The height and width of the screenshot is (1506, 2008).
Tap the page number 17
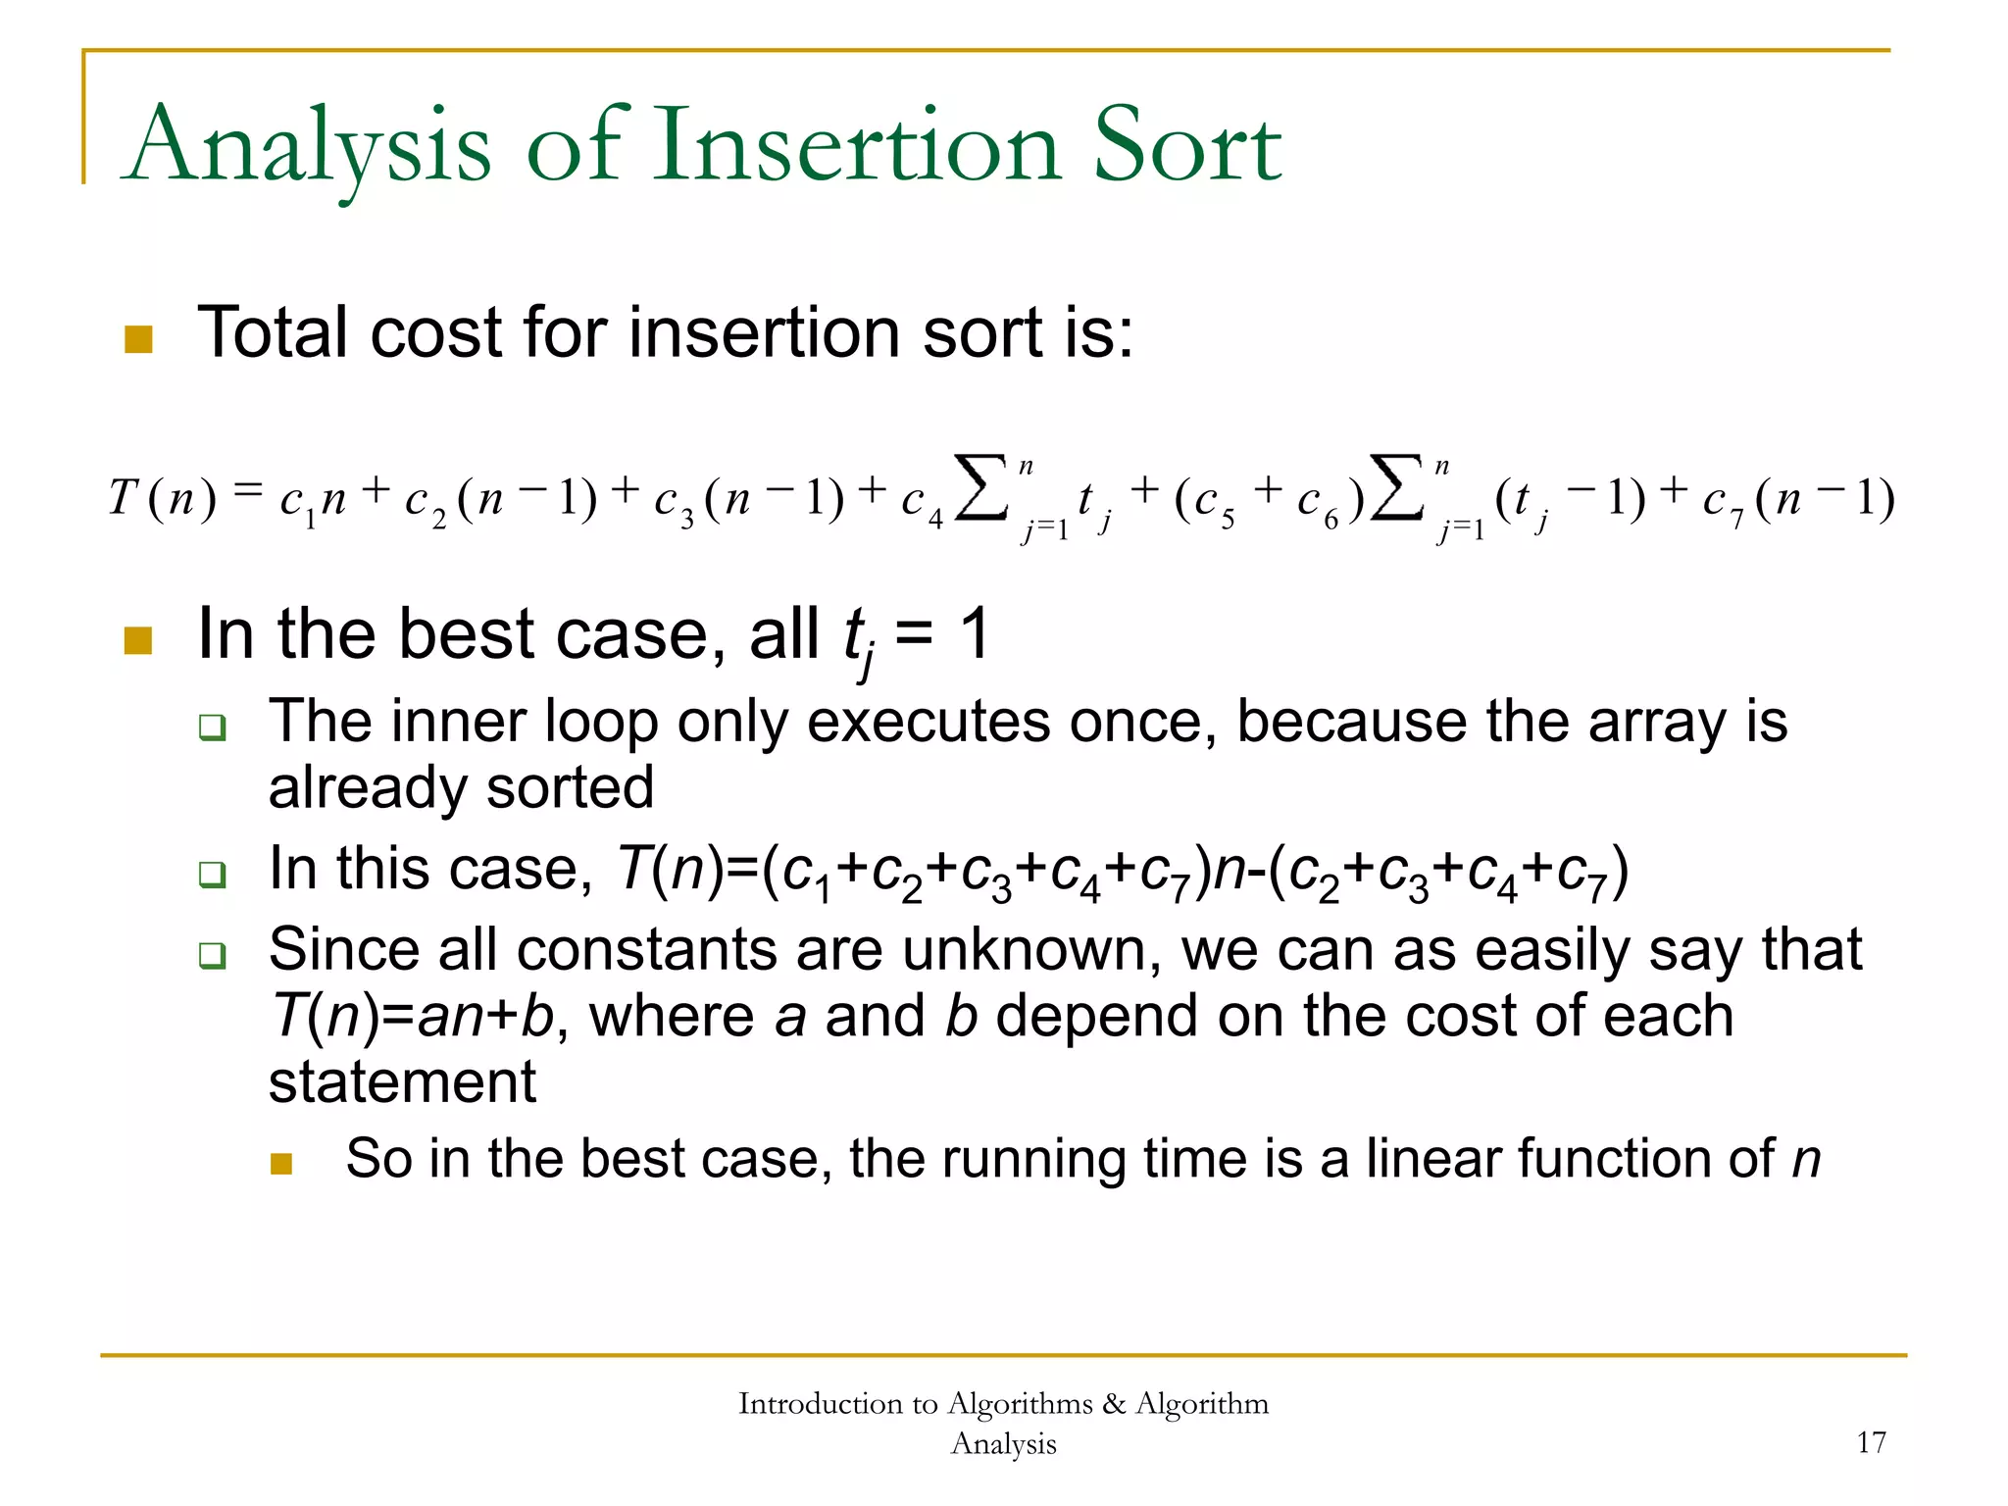(x=1871, y=1442)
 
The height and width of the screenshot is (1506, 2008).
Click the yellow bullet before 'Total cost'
(x=138, y=339)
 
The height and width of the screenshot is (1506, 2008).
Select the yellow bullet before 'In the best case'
(x=138, y=640)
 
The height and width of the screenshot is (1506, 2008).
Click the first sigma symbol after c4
(x=980, y=487)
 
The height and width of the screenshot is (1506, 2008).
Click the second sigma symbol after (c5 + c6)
(x=1396, y=487)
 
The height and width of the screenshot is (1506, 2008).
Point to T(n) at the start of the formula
(x=162, y=498)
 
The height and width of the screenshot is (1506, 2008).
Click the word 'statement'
(x=402, y=1082)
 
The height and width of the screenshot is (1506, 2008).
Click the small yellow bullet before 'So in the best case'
(x=281, y=1164)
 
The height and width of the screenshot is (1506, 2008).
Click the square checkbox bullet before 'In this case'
(x=212, y=873)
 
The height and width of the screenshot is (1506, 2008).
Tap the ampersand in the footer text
(x=1113, y=1404)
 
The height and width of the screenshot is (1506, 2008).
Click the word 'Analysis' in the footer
(x=1003, y=1443)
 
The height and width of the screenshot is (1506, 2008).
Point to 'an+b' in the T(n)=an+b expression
(x=486, y=1016)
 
